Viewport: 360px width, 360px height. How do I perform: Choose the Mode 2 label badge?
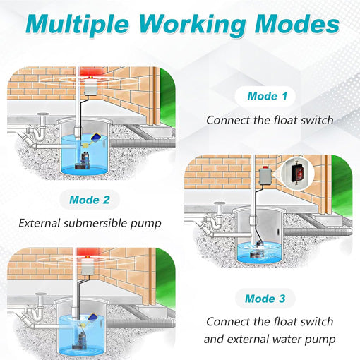[89, 200]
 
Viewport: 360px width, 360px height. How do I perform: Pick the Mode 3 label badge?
[265, 299]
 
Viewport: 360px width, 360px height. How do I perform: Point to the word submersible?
[110, 224]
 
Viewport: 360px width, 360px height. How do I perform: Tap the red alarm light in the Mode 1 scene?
[90, 73]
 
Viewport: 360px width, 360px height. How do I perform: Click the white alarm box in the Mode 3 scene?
[90, 280]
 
